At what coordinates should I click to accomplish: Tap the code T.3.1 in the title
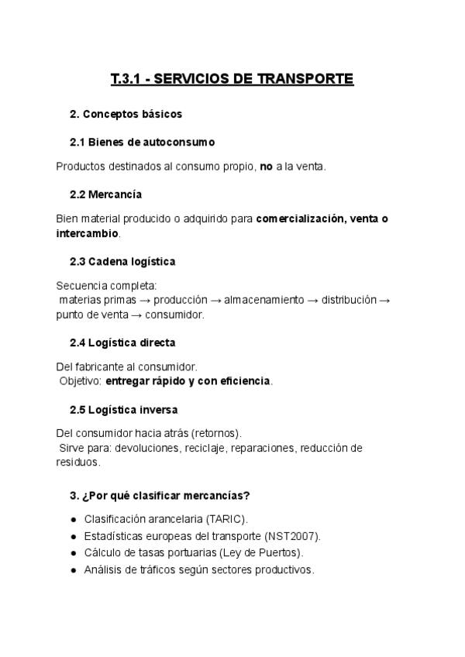coord(128,79)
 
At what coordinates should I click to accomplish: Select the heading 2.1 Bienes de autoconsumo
coord(142,143)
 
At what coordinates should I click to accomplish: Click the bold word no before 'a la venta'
coord(267,166)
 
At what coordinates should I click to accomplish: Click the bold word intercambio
coord(88,232)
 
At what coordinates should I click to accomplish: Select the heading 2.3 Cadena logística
coord(122,261)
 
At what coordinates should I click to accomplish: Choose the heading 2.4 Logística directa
coord(122,342)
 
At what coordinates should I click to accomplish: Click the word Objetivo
coord(80,381)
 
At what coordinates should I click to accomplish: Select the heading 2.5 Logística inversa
coord(124,409)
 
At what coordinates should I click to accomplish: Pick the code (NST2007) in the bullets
coord(292,535)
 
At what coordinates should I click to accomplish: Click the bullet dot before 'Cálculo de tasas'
coord(73,553)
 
